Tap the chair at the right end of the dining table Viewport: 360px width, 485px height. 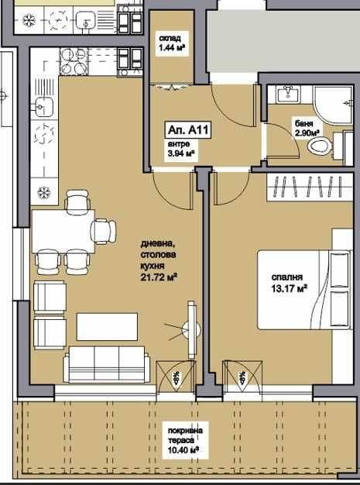click(103, 230)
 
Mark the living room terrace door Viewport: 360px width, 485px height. click(176, 379)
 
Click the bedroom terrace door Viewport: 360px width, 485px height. click(241, 379)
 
